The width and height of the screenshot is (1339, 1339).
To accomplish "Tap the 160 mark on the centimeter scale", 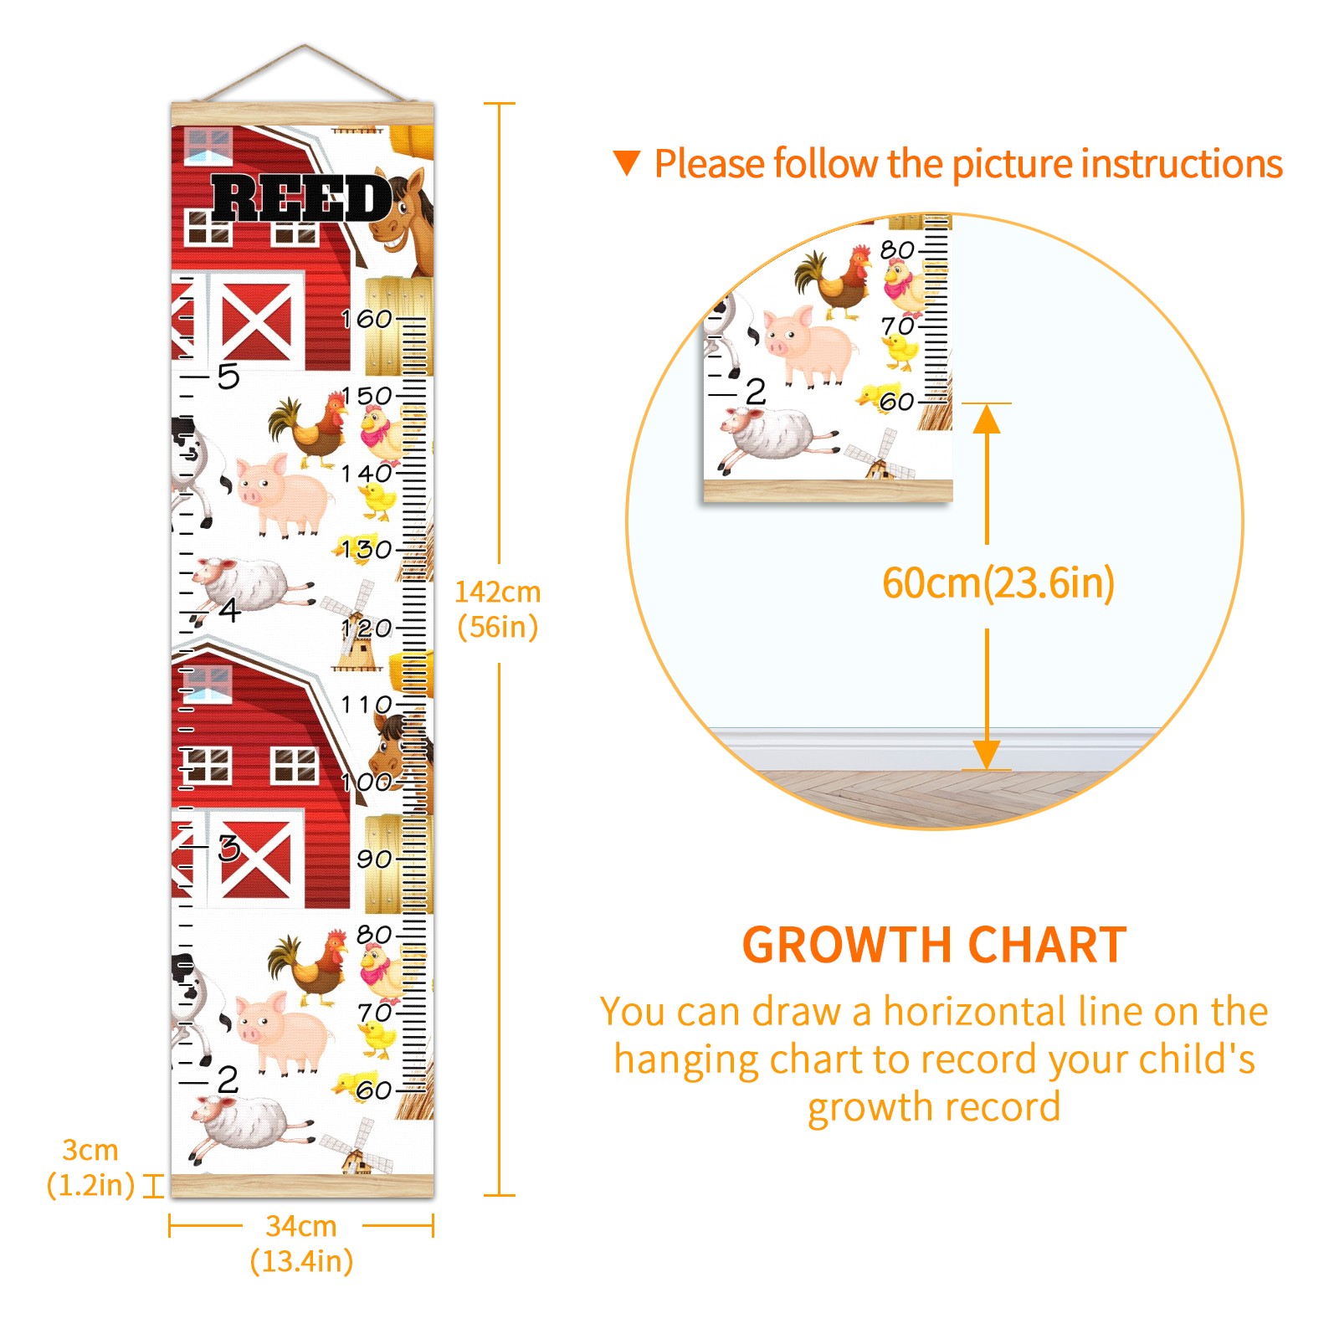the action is (x=367, y=319).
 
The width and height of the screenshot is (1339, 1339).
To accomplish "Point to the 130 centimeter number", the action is (x=367, y=550).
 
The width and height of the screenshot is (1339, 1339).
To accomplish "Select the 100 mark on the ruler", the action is (x=367, y=782).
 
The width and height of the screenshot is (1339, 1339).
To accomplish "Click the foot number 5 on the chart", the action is (x=228, y=377).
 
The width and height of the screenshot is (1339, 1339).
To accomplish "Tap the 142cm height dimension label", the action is (x=498, y=592).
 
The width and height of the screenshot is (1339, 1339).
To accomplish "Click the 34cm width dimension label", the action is (x=301, y=1226).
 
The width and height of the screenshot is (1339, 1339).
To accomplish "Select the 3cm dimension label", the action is (x=90, y=1150).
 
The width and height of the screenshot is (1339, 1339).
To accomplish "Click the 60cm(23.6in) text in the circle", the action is (x=998, y=583).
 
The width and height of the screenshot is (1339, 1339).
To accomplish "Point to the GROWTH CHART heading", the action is (x=934, y=945).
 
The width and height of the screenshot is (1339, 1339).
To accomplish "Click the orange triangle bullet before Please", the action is (x=627, y=163).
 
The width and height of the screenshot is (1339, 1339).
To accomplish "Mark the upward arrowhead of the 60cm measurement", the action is (x=987, y=418).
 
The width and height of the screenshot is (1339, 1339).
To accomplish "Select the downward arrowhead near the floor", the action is (x=987, y=755).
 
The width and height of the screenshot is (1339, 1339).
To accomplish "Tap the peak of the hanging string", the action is (x=305, y=45).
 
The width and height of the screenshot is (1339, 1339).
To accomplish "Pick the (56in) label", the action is (x=498, y=627).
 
